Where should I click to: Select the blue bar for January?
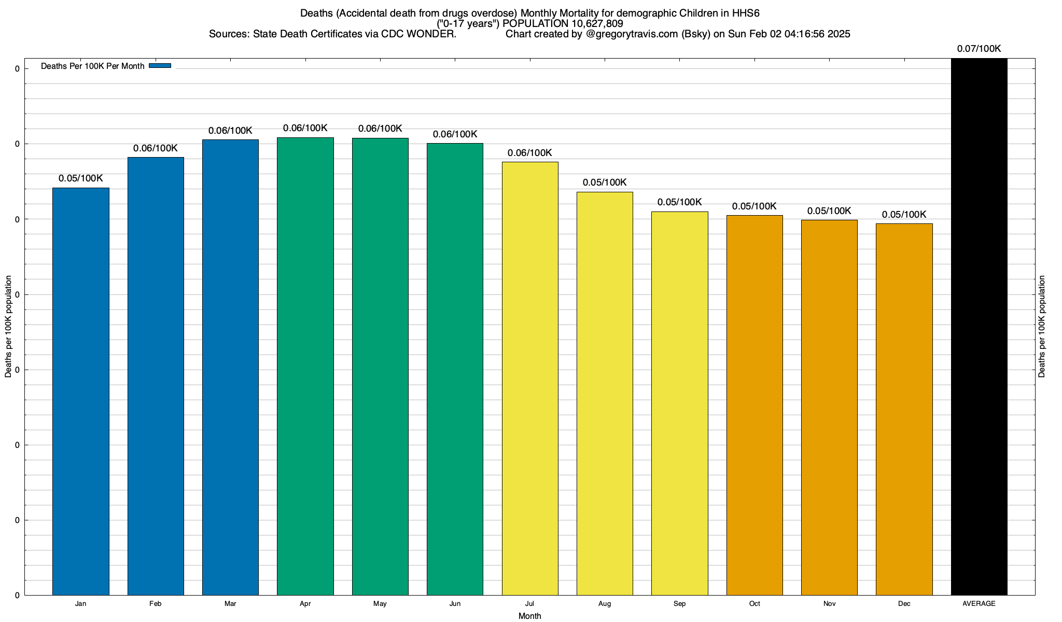tap(81, 391)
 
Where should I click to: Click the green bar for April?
tap(305, 366)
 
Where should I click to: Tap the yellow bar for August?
tap(605, 393)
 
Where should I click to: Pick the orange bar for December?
tap(904, 409)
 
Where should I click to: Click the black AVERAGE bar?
tap(979, 327)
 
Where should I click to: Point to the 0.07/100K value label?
tap(979, 49)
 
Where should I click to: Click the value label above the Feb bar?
tap(156, 148)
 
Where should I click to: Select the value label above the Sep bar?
tap(679, 202)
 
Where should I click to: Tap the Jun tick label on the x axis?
tap(455, 604)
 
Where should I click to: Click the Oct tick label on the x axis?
tap(754, 604)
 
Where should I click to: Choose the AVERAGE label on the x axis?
tap(979, 604)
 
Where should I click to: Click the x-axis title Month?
tap(529, 616)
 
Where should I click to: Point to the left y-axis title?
tap(8, 327)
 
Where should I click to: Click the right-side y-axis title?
tap(1042, 327)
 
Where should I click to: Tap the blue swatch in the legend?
tap(160, 66)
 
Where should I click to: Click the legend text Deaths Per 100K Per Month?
tap(92, 66)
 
